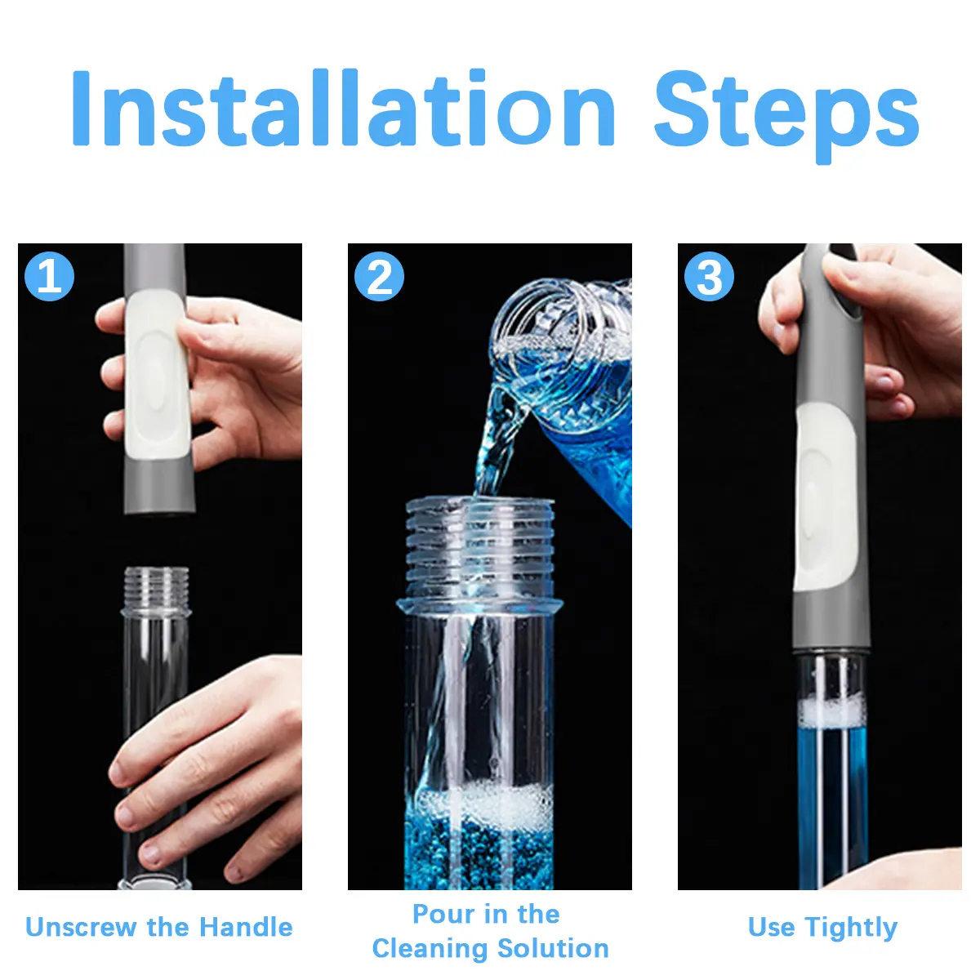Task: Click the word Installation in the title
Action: point(343,108)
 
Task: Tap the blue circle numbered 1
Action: point(49,277)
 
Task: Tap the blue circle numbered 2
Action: point(380,277)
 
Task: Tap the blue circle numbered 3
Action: point(709,277)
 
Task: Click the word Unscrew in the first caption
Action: point(82,927)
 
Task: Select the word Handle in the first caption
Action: point(246,927)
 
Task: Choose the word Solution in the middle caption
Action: point(553,949)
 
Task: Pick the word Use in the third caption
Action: point(771,928)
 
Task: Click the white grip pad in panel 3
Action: point(826,497)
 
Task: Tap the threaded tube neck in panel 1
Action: point(156,589)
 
